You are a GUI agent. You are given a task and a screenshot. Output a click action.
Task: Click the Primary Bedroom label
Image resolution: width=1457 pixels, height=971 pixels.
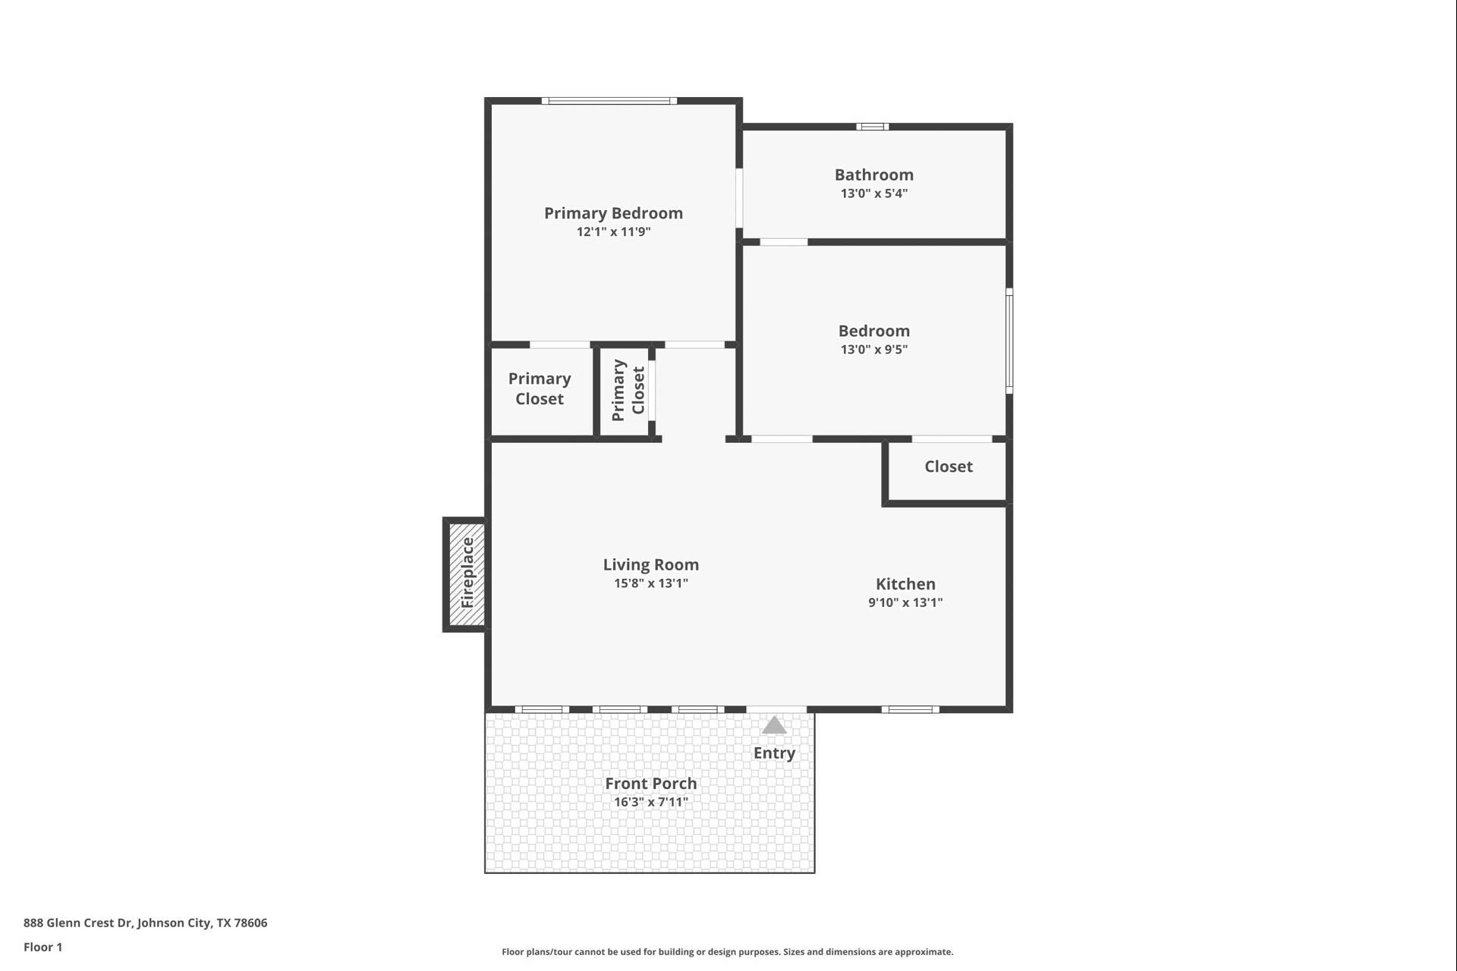pyautogui.click(x=613, y=213)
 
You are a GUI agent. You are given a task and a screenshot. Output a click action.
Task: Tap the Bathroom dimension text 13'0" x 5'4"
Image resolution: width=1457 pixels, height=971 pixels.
pyautogui.click(x=873, y=193)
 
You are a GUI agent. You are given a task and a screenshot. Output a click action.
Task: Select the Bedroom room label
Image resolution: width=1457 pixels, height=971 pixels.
pyautogui.click(x=873, y=331)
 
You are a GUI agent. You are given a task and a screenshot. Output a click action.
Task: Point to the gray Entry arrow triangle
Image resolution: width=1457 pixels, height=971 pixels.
pyautogui.click(x=773, y=726)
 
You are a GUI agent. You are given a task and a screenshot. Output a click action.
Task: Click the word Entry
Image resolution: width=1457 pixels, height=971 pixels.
pyautogui.click(x=774, y=753)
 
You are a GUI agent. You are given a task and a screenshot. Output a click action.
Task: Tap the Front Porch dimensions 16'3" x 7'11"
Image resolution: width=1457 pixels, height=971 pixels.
pyautogui.click(x=650, y=802)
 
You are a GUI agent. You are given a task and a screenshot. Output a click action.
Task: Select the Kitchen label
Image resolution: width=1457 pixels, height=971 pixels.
pyautogui.click(x=905, y=584)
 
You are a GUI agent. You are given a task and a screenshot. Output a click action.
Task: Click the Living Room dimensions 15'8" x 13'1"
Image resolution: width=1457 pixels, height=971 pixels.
pyautogui.click(x=650, y=583)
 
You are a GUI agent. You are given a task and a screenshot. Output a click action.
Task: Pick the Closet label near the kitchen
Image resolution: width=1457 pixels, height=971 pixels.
pyautogui.click(x=948, y=467)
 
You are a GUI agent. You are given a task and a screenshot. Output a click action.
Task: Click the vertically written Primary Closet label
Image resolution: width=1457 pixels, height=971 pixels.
pyautogui.click(x=628, y=390)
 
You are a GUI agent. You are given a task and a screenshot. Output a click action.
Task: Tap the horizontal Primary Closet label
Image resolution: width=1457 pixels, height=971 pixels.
pyautogui.click(x=540, y=388)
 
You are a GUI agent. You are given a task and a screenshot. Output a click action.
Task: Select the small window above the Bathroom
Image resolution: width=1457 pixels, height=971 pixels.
pyautogui.click(x=872, y=127)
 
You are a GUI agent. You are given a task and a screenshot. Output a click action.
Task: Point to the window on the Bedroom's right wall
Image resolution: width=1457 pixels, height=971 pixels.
pyautogui.click(x=1009, y=341)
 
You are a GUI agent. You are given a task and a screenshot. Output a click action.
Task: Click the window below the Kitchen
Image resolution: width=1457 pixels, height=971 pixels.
pyautogui.click(x=910, y=710)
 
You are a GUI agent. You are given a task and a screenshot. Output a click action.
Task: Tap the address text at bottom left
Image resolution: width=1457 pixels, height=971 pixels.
pyautogui.click(x=145, y=922)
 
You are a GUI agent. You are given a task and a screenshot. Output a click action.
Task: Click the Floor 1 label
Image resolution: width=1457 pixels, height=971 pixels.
pyautogui.click(x=42, y=947)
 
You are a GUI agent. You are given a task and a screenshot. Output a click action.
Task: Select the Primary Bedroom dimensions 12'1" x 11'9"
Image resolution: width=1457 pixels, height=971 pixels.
pyautogui.click(x=613, y=232)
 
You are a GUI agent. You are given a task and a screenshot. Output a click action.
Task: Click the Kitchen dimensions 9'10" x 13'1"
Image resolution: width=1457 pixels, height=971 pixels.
pyautogui.click(x=905, y=602)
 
